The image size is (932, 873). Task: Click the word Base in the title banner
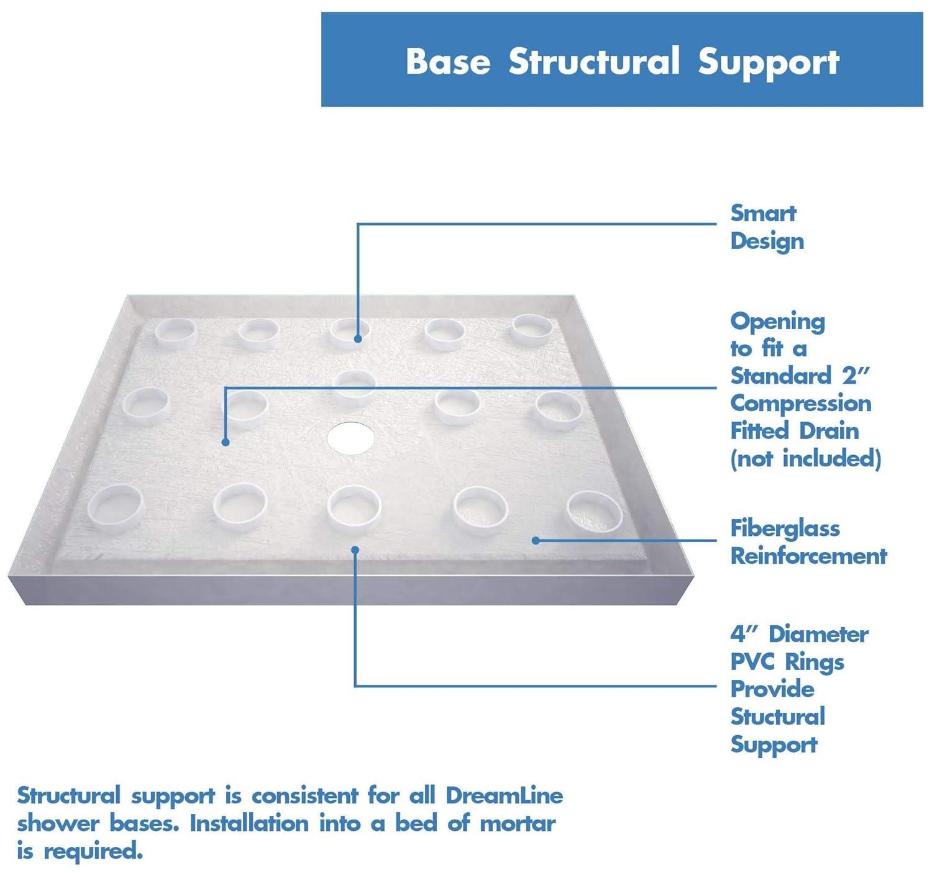click(447, 61)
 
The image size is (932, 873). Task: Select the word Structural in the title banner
click(593, 61)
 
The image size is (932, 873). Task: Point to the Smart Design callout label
click(766, 227)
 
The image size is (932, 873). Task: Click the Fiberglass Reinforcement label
click(808, 542)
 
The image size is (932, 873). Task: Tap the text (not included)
click(805, 459)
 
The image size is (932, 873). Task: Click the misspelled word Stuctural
click(777, 717)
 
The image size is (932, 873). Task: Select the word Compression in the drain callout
click(800, 404)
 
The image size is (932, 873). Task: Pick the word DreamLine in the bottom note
click(504, 795)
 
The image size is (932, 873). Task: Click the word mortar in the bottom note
click(518, 823)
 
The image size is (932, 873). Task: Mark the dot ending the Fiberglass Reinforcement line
click(536, 540)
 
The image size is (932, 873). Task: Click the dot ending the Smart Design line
click(358, 339)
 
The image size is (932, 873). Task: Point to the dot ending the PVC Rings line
click(355, 550)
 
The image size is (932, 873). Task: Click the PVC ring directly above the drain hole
click(354, 385)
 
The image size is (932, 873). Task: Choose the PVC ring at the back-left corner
click(176, 333)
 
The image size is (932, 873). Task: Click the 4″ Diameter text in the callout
click(799, 635)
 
